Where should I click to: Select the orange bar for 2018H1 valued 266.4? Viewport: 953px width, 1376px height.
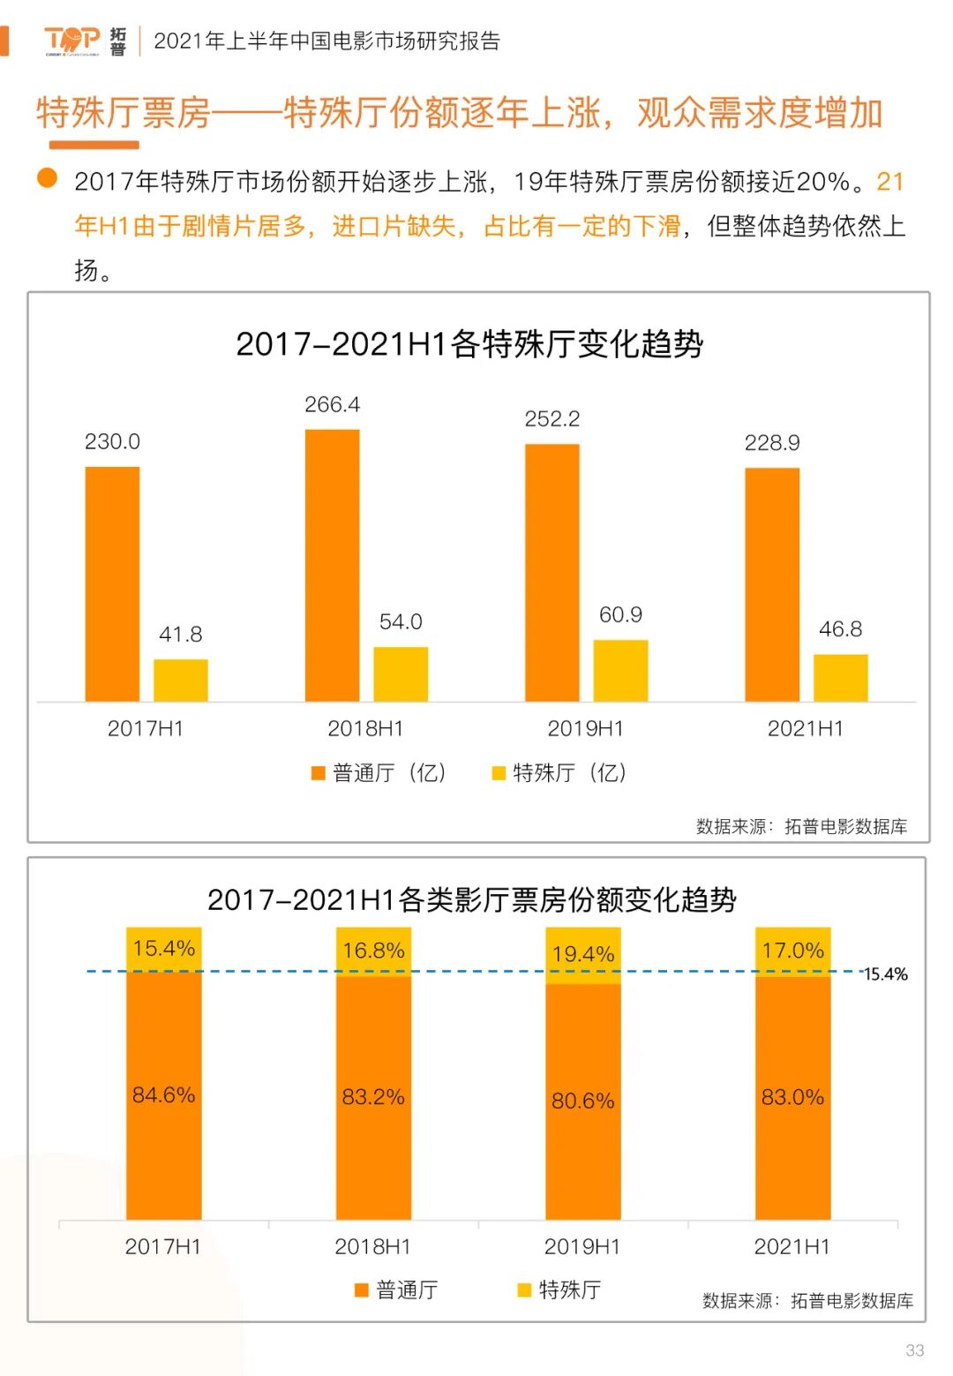tap(332, 565)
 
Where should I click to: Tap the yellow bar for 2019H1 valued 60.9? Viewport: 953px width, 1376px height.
tap(620, 671)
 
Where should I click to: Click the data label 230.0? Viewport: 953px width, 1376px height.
tap(112, 441)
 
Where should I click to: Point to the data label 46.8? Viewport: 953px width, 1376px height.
tap(840, 629)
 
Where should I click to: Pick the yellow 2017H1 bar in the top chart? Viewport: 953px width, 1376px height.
tap(181, 680)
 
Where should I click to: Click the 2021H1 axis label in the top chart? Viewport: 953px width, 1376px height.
tap(805, 728)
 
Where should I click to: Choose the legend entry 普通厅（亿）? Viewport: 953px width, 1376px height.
tap(379, 773)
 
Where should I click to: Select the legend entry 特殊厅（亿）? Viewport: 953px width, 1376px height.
tap(559, 773)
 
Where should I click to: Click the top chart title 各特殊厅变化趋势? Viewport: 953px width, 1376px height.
tap(469, 343)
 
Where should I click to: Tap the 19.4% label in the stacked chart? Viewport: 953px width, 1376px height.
tap(583, 954)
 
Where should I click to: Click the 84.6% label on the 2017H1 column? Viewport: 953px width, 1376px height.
tap(163, 1095)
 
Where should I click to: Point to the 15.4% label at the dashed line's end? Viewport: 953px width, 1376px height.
tap(885, 974)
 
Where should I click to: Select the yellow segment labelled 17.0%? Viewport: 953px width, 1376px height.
tap(792, 951)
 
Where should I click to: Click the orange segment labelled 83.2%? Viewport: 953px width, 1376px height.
tap(373, 1097)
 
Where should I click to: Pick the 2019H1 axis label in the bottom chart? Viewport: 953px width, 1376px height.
tap(582, 1246)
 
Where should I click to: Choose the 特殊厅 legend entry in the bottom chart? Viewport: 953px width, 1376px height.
tap(559, 1290)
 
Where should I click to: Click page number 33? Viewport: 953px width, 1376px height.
tap(914, 1350)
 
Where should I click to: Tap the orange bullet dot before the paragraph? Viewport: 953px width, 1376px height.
tap(47, 179)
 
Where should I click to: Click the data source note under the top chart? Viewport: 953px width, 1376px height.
tap(801, 826)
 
